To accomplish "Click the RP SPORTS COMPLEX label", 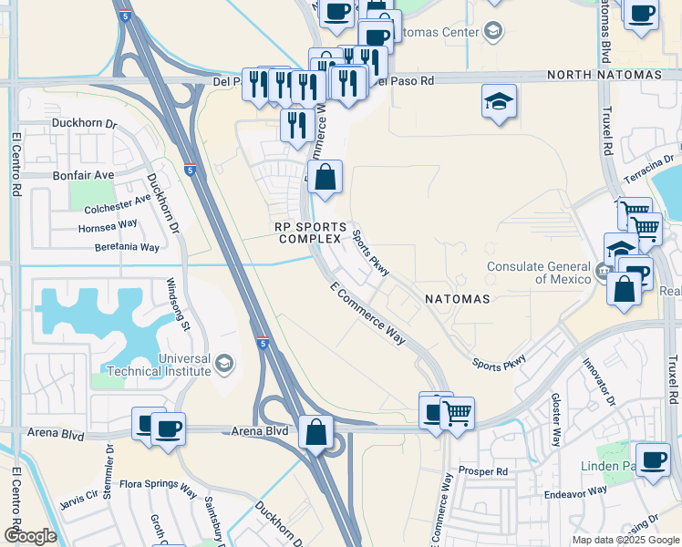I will click(x=312, y=232).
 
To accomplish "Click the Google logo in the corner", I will click(x=30, y=536).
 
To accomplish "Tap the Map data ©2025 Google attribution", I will click(x=625, y=540).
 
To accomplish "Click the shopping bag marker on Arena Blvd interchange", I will click(x=315, y=431).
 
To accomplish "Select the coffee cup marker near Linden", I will click(x=652, y=459).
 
